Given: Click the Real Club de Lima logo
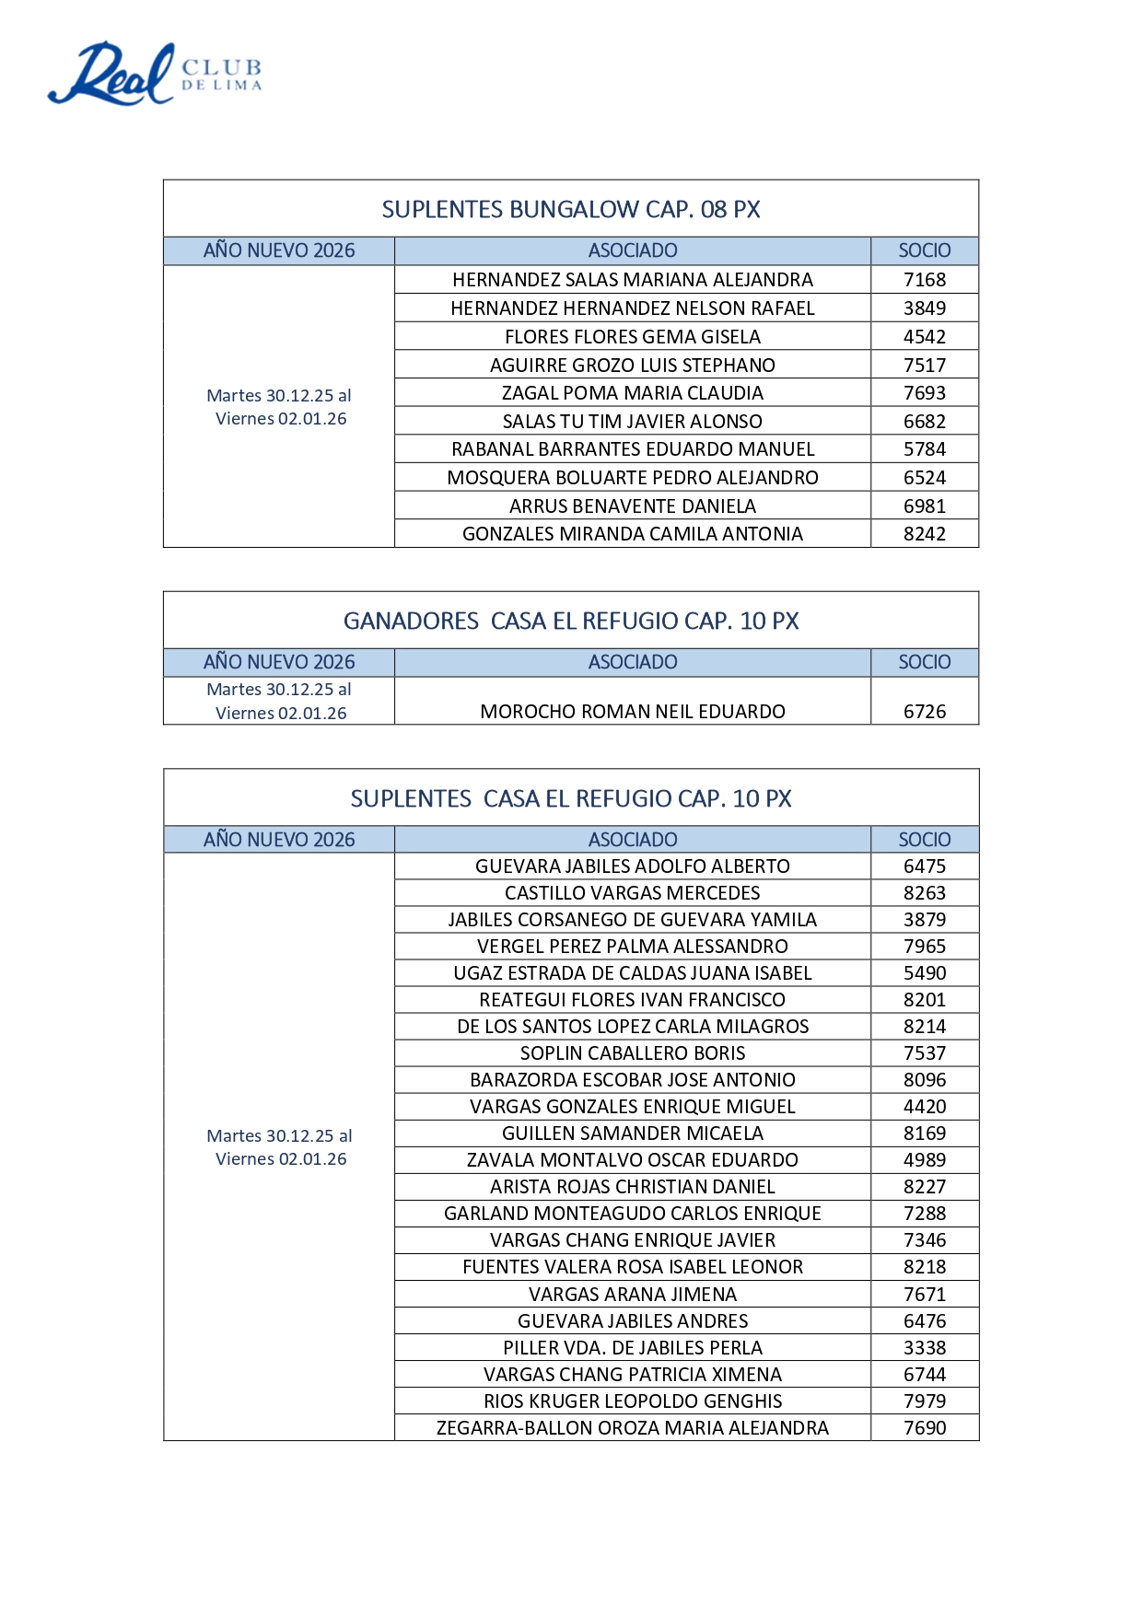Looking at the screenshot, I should (155, 73).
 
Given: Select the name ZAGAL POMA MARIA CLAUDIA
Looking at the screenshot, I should (632, 393).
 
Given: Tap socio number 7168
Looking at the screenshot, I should (924, 280).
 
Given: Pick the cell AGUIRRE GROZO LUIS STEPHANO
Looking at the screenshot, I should (632, 366).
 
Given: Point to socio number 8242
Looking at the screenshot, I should (924, 534).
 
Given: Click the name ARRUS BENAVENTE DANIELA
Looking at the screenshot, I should (632, 506).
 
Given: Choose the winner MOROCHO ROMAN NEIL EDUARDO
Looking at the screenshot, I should (632, 712).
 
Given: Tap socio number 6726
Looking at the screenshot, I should (924, 712).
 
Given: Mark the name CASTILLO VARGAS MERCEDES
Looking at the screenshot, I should (632, 893).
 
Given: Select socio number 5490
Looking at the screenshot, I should (924, 973).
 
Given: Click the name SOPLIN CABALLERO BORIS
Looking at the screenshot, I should (632, 1053).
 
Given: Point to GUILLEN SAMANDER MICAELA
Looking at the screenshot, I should (632, 1134).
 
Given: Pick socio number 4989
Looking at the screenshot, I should (924, 1160).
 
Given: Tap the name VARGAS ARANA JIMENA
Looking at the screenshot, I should (632, 1295).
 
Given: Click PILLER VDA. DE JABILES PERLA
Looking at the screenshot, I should (632, 1348).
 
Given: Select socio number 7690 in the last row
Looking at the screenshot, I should (924, 1428).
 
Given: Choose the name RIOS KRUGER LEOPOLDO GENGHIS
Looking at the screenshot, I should (632, 1401).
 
